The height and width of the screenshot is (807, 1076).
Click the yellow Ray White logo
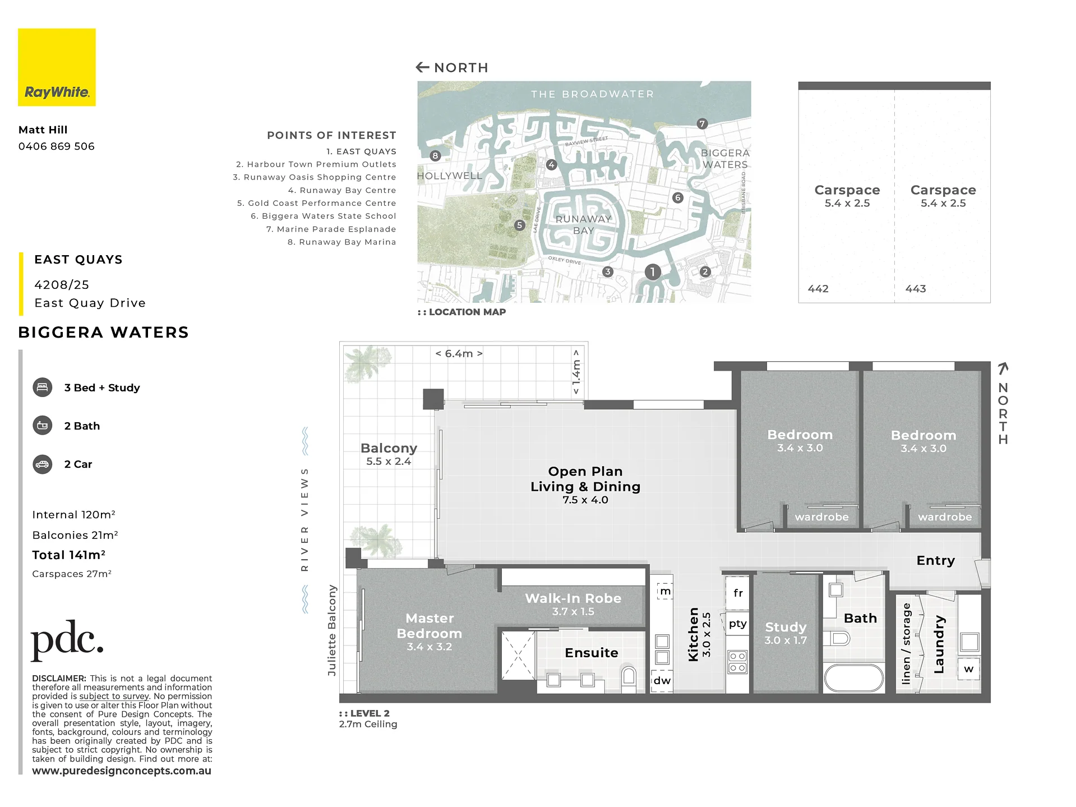pos(57,67)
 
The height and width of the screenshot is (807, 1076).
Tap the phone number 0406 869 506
pos(57,146)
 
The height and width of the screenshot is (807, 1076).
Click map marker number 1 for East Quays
pos(652,272)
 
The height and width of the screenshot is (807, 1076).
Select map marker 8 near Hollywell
pos(435,156)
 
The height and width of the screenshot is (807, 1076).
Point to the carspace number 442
pos(818,289)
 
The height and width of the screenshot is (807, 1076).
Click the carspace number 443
pos(916,289)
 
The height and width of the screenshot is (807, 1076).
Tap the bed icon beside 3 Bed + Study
pos(43,388)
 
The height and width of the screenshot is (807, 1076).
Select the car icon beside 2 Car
pos(43,464)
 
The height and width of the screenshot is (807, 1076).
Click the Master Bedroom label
pos(430,626)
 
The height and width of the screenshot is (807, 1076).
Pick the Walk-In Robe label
pos(573,598)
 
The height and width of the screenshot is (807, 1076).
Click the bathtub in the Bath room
pos(854,678)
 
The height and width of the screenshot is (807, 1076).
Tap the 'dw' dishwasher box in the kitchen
pos(662,681)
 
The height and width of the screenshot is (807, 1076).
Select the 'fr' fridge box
pos(738,593)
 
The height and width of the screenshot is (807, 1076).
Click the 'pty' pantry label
pos(738,624)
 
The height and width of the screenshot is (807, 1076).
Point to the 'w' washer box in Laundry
pos(969,669)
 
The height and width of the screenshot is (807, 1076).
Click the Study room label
pos(786,627)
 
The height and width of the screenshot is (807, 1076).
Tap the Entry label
pos(935,560)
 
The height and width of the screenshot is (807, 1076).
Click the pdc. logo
pos(67,640)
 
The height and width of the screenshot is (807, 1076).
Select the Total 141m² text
pos(68,555)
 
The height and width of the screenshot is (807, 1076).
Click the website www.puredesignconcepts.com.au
pos(122,771)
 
